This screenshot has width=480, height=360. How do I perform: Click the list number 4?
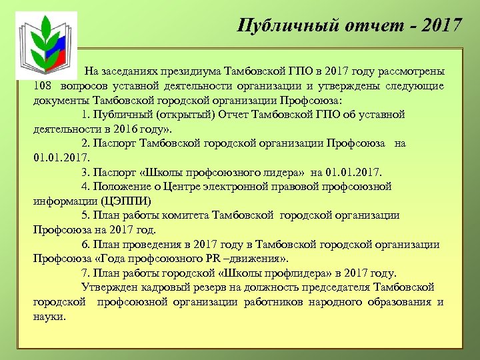point(85,187)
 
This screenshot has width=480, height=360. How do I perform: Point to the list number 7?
point(85,273)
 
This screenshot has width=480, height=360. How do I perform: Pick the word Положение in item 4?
point(121,187)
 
